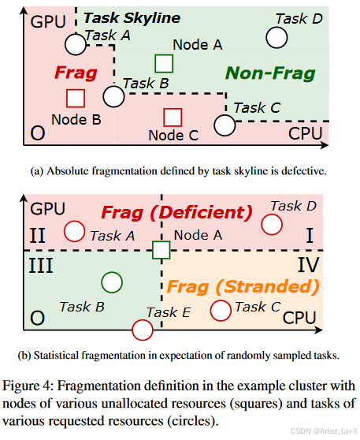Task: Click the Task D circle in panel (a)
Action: (276, 36)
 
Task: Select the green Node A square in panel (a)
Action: (164, 62)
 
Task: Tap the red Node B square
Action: (75, 98)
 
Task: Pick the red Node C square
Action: (173, 117)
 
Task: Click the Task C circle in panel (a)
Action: (225, 124)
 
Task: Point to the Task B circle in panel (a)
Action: (113, 96)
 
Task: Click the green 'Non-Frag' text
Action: (270, 74)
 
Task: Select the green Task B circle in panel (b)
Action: (112, 281)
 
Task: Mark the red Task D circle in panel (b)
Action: (272, 224)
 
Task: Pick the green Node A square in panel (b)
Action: (161, 250)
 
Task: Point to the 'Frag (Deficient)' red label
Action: (175, 213)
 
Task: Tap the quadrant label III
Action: (41, 263)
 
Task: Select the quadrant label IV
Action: (307, 263)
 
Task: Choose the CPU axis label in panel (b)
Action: (303, 318)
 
